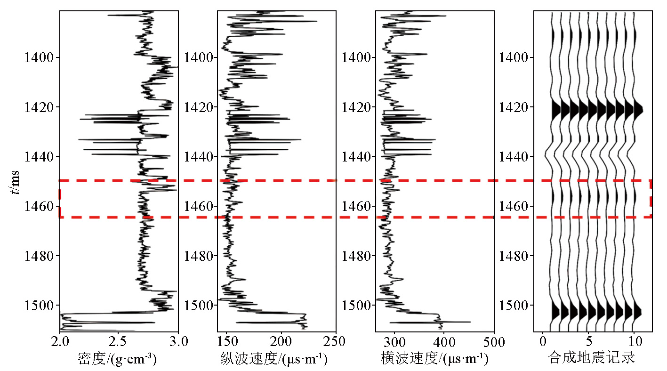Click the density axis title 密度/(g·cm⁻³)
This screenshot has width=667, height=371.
coord(117,359)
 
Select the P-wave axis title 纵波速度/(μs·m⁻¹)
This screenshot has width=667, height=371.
coord(273,359)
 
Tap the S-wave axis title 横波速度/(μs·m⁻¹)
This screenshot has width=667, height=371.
coord(434,359)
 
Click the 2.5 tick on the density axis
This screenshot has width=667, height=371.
coord(118,340)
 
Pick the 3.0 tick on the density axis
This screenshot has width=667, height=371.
coord(177,340)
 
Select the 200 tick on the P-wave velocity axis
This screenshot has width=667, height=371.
coord(281,340)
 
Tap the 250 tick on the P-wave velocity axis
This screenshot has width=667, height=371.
coord(336,340)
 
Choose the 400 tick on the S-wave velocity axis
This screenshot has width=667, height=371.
coord(444,340)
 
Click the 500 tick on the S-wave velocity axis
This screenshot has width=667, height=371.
coord(494,340)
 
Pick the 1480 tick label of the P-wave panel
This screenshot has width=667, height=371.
coord(199,256)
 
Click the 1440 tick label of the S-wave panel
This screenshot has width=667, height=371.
coord(357,157)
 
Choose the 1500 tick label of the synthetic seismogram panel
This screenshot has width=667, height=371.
coord(514,306)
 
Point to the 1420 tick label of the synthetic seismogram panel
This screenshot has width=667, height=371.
coord(514,107)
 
